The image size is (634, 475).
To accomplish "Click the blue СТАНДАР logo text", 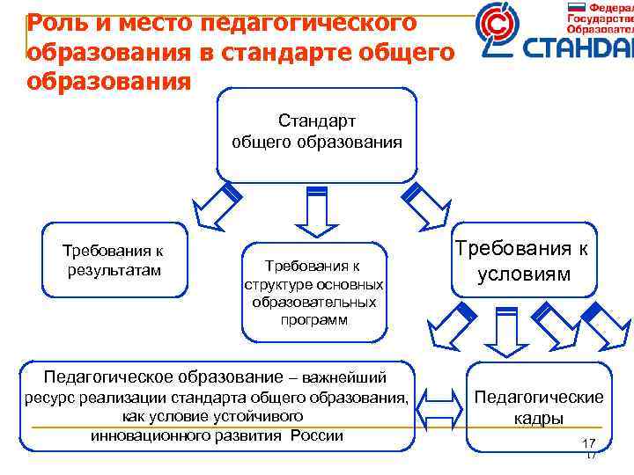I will coord(578,50).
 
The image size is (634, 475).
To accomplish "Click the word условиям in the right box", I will coord(524,275).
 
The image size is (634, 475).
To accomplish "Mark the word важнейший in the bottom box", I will coord(344,379).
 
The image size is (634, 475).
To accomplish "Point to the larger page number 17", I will coord(589,442).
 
